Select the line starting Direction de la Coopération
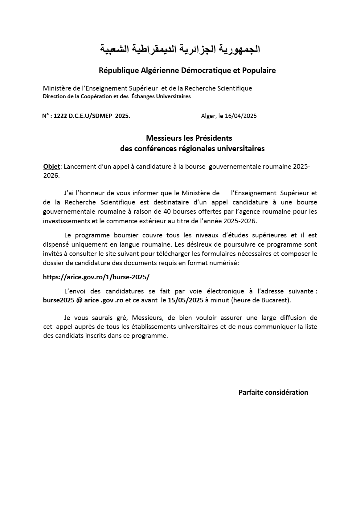[x=117, y=96]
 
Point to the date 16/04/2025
[x=241, y=116]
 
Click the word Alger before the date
[x=208, y=116]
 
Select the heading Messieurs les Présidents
[x=189, y=138]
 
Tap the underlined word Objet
[x=51, y=167]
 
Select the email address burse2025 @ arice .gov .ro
[x=83, y=300]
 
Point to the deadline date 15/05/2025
[x=186, y=300]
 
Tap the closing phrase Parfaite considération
[x=273, y=392]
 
